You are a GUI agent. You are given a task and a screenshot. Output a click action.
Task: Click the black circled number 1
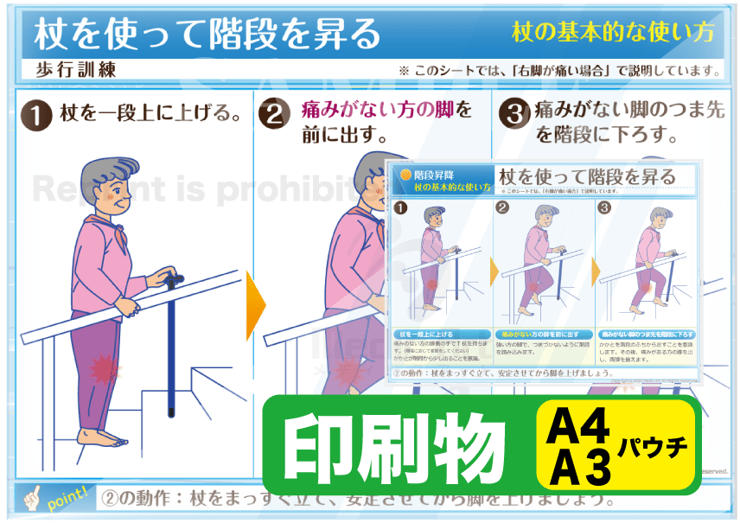pyautogui.click(x=35, y=115)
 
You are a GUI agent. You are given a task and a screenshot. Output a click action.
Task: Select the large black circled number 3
pyautogui.click(x=514, y=115)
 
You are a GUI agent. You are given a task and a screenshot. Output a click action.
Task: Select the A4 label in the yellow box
pyautogui.click(x=579, y=426)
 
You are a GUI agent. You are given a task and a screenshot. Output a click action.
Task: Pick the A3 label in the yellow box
pyautogui.click(x=579, y=468)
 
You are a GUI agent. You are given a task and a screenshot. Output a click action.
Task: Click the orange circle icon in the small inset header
pyautogui.click(x=405, y=174)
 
